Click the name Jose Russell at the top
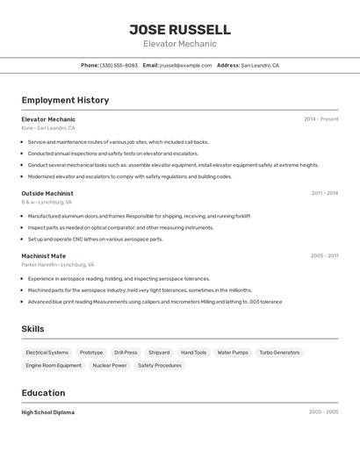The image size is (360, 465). [180, 29]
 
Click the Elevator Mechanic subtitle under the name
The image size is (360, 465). [180, 44]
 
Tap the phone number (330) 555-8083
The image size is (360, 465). [119, 65]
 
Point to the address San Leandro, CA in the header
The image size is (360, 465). [260, 65]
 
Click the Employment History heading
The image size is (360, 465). [65, 100]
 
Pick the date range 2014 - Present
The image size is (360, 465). [320, 119]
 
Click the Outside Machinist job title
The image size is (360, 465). [47, 193]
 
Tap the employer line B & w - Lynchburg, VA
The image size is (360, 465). [47, 202]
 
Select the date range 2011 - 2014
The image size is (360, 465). [324, 193]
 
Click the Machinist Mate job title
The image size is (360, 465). [44, 256]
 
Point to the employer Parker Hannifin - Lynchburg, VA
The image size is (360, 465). [57, 264]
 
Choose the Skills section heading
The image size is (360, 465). [33, 329]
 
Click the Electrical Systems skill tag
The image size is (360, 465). [47, 353]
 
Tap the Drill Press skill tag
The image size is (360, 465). [126, 353]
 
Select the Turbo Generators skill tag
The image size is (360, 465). [279, 353]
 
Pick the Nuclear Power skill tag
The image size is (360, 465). [110, 365]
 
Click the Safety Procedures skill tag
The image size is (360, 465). [160, 365]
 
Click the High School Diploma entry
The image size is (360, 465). [48, 412]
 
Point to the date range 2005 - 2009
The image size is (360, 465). [323, 411]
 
